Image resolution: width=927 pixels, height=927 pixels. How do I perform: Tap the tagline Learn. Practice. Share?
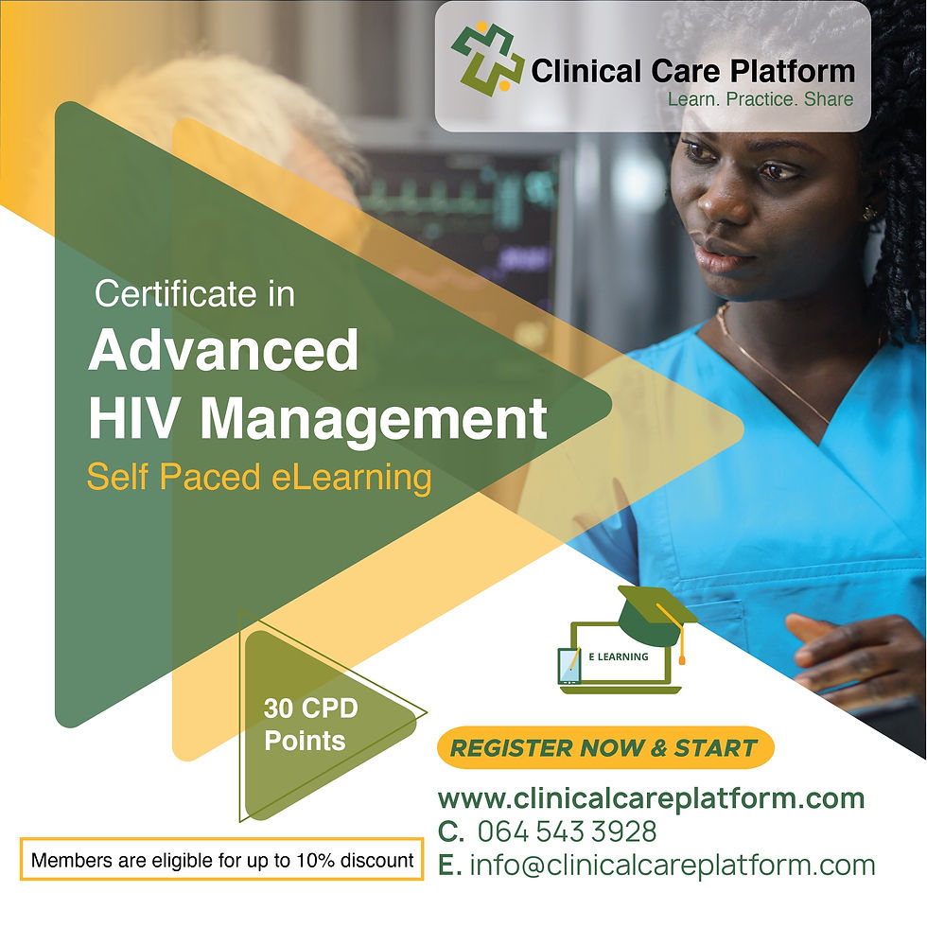pos(760,98)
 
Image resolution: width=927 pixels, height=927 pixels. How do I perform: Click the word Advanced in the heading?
pos(223,350)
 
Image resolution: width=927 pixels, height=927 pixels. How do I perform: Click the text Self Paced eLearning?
pos(258,477)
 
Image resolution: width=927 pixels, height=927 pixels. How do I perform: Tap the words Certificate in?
pos(195,294)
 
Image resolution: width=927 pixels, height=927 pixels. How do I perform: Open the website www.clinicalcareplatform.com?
pos(651,797)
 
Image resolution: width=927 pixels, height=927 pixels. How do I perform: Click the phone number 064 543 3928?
pos(567,831)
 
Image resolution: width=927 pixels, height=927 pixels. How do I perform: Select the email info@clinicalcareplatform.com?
pos(673,865)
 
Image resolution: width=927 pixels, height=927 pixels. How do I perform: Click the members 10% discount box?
pos(221,861)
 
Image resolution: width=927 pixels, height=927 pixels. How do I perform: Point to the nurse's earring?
pos(868,213)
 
